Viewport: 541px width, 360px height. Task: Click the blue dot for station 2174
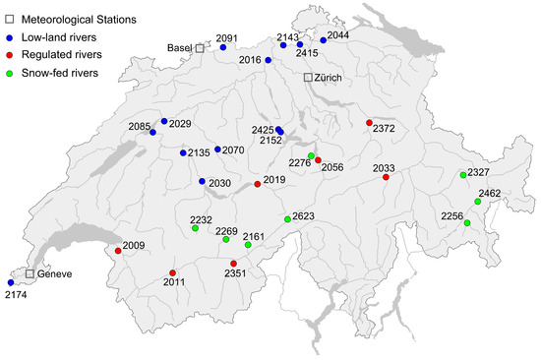click(x=11, y=283)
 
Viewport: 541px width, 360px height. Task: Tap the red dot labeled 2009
click(x=118, y=251)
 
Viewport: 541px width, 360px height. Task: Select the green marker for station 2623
click(x=287, y=218)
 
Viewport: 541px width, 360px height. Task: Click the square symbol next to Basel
click(x=199, y=47)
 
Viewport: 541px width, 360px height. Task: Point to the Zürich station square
click(x=307, y=77)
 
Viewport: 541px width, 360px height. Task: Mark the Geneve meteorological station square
click(x=30, y=273)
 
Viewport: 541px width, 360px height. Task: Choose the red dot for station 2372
click(x=369, y=123)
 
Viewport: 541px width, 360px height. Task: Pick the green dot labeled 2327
click(x=462, y=175)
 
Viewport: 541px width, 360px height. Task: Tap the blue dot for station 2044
click(x=323, y=40)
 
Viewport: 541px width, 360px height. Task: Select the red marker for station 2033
click(x=386, y=177)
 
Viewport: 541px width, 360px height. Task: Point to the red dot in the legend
click(x=13, y=54)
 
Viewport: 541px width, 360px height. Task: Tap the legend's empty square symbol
click(x=13, y=19)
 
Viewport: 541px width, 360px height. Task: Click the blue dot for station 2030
click(x=202, y=182)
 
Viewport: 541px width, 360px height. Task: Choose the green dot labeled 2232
click(x=195, y=228)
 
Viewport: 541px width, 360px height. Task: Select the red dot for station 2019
click(x=258, y=184)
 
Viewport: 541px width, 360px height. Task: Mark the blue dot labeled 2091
click(x=223, y=46)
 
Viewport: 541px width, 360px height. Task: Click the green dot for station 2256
click(x=467, y=223)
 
